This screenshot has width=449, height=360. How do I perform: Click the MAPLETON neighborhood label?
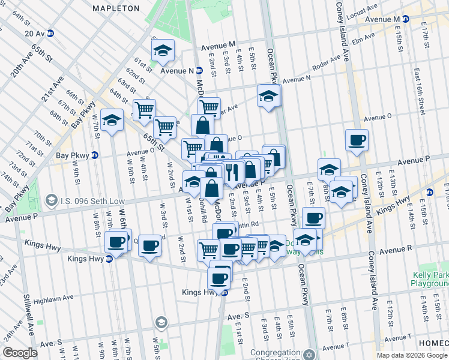(116, 9)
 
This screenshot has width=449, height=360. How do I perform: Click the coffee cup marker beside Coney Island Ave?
(357, 140)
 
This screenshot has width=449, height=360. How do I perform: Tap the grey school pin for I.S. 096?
(52, 199)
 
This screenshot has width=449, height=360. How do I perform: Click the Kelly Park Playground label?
(430, 279)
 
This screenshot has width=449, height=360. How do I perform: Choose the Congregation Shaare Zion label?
(276, 353)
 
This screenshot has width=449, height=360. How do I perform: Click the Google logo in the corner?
(20, 353)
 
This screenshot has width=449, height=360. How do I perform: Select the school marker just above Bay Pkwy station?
(112, 120)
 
